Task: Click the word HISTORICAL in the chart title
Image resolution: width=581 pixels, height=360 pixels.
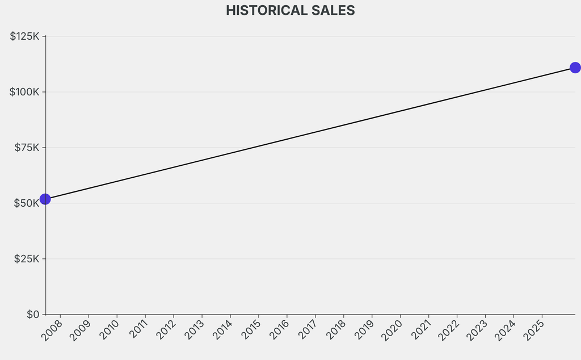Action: [263, 10]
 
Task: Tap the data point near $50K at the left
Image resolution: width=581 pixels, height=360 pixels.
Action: [45, 199]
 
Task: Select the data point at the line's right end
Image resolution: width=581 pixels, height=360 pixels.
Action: [575, 68]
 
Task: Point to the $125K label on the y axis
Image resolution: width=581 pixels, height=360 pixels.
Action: [24, 36]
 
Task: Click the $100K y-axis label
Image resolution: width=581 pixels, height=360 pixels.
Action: [24, 92]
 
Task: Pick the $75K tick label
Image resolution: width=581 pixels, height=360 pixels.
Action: [27, 148]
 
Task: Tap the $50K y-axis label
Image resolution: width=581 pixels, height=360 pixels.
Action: [27, 203]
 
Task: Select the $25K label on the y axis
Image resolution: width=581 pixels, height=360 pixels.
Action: [27, 259]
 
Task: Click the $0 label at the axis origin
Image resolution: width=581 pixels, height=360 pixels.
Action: [33, 315]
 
